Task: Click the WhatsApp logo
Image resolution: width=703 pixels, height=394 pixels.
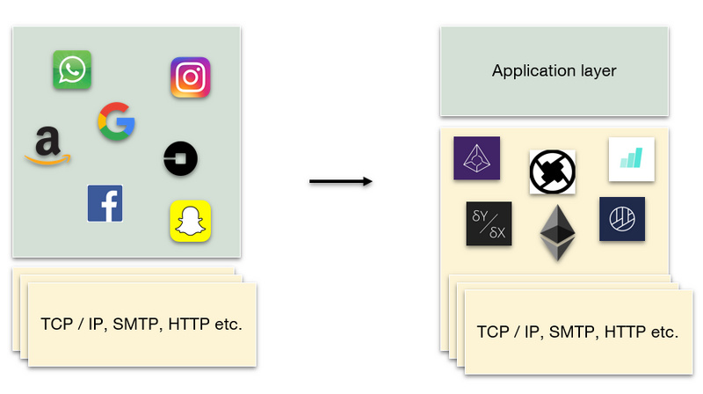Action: pos(72,69)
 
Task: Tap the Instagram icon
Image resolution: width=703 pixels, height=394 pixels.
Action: pos(190,77)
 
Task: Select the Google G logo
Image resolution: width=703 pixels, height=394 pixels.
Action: pos(116,121)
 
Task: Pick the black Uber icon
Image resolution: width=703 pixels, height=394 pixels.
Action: pos(180,159)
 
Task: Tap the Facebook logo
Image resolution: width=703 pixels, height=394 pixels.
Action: pos(105,203)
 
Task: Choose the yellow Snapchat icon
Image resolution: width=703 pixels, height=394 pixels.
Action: pos(190,221)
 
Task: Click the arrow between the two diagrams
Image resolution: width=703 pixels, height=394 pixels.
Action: pos(341,182)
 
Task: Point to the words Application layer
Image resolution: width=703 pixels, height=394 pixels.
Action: pos(554,71)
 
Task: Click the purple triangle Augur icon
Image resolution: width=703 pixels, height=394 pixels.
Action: pos(476,158)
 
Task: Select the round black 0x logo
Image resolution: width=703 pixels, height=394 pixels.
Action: pos(553,171)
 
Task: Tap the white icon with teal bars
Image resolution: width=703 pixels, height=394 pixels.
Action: pos(631,159)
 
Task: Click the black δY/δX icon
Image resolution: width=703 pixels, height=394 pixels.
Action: pos(489,223)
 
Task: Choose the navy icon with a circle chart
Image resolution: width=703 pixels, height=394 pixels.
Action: pos(622,219)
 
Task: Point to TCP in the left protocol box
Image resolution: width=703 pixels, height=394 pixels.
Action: pos(57,325)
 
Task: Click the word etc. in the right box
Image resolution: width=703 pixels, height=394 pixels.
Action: pos(663,332)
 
